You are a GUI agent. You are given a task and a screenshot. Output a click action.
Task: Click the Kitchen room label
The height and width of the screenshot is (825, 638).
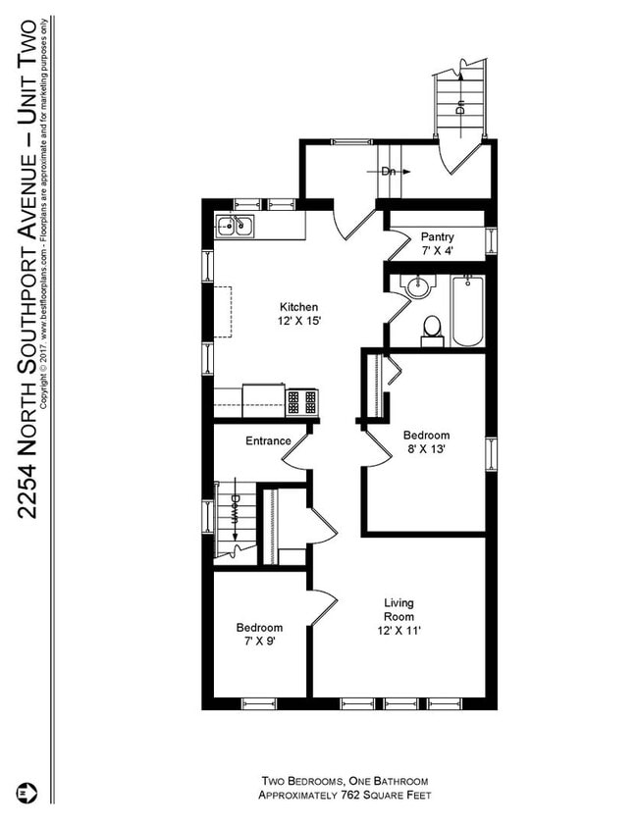pyautogui.click(x=298, y=306)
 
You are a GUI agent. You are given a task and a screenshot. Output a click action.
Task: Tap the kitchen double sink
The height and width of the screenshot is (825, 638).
pyautogui.click(x=235, y=227)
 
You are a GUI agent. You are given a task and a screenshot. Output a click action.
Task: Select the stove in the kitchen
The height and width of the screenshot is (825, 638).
pyautogui.click(x=303, y=401)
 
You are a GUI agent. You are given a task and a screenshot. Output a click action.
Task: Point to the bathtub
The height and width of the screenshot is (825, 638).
pyautogui.click(x=467, y=311)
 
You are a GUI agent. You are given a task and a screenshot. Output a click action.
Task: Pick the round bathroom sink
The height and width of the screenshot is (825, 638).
pyautogui.click(x=419, y=288)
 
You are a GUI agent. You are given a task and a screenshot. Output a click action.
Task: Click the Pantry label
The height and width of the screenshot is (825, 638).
pyautogui.click(x=437, y=237)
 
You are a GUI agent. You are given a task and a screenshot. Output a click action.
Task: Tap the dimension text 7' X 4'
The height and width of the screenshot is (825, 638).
pyautogui.click(x=437, y=252)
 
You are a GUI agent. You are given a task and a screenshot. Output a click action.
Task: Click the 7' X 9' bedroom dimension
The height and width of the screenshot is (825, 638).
pyautogui.click(x=258, y=642)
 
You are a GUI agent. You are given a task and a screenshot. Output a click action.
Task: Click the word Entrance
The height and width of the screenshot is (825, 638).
pyautogui.click(x=268, y=440)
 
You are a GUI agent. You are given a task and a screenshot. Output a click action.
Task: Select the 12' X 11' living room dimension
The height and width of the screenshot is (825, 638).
pyautogui.click(x=399, y=631)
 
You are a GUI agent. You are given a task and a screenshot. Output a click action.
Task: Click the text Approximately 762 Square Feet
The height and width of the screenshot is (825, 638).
pyautogui.click(x=345, y=795)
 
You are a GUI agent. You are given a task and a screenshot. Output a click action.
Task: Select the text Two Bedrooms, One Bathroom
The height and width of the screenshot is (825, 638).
pyautogui.click(x=345, y=781)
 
